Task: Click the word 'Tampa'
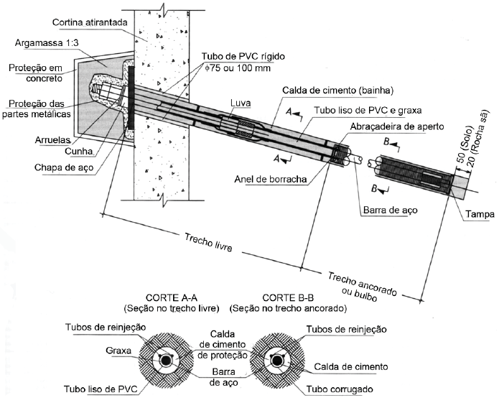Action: [477, 214]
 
